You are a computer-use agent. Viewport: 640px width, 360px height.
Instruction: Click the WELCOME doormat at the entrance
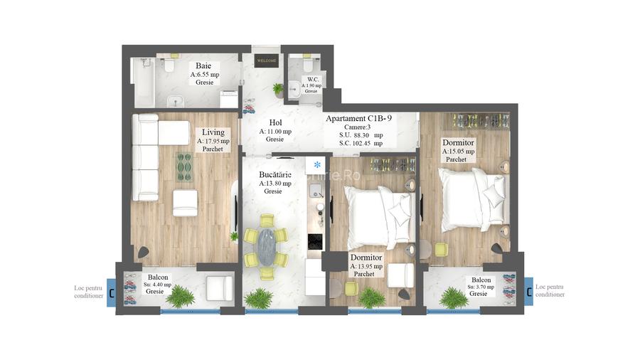click(x=265, y=61)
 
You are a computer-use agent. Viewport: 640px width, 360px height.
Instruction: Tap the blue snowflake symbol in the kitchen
click(x=317, y=165)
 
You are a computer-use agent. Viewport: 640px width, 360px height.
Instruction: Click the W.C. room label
click(x=311, y=80)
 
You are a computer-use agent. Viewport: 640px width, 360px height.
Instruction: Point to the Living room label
click(x=213, y=132)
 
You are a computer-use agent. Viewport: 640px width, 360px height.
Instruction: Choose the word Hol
click(x=275, y=122)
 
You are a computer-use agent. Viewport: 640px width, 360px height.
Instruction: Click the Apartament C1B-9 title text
click(x=359, y=118)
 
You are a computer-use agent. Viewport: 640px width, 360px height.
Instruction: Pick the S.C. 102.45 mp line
click(x=361, y=143)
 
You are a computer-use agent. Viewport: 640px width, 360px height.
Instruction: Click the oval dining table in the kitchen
click(x=267, y=246)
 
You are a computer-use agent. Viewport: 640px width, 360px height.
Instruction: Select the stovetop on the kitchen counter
click(x=314, y=241)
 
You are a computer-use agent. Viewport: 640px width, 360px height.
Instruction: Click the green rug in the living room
click(x=184, y=167)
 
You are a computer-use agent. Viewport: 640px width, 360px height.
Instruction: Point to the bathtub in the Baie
click(x=142, y=82)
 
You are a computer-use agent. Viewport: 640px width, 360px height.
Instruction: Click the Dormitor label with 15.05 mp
click(x=457, y=143)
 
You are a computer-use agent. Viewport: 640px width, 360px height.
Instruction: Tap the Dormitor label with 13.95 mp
click(x=366, y=258)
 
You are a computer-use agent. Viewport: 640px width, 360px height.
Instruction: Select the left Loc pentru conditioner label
click(x=89, y=291)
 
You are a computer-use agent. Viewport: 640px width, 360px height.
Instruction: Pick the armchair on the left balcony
click(x=219, y=288)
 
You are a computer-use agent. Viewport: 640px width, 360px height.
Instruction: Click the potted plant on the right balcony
click(x=453, y=297)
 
